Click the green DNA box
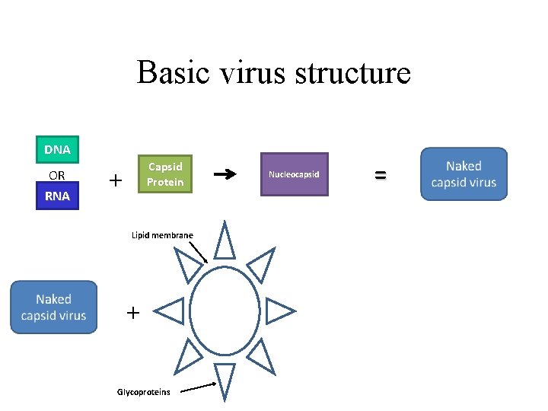click(x=57, y=150)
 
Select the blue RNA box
click(x=57, y=196)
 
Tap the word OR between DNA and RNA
click(x=57, y=175)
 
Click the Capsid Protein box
click(x=165, y=174)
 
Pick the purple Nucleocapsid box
click(x=294, y=174)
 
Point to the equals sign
click(x=380, y=175)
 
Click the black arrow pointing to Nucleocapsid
click(x=225, y=175)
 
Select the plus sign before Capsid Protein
click(x=116, y=180)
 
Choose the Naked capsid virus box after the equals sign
click(x=464, y=174)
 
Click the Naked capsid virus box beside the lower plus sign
click(x=54, y=307)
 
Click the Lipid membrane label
click(x=162, y=235)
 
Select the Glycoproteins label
click(x=143, y=392)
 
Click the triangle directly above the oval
click(x=225, y=242)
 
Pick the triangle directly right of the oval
click(x=279, y=311)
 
